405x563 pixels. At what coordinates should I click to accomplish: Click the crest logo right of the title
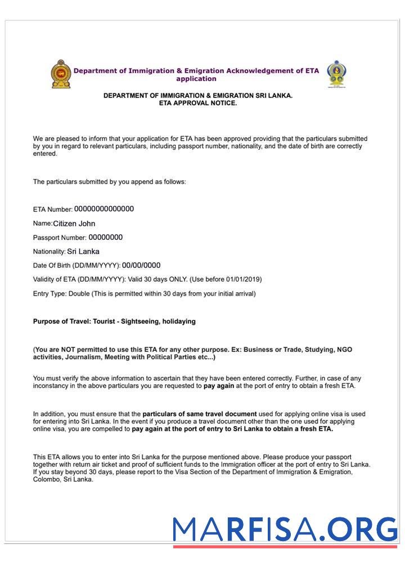(x=336, y=74)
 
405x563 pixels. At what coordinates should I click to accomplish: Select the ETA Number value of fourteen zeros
(x=104, y=209)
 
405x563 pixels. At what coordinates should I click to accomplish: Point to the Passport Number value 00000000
(x=105, y=238)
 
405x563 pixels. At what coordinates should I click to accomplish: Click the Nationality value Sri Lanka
(x=83, y=252)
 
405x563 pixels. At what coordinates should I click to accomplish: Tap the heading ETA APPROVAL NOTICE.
(x=198, y=103)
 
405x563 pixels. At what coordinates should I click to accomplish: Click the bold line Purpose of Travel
(x=114, y=321)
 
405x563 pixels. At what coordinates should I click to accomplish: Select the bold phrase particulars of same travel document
(x=200, y=414)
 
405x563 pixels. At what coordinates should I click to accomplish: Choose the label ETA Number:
(x=53, y=209)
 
